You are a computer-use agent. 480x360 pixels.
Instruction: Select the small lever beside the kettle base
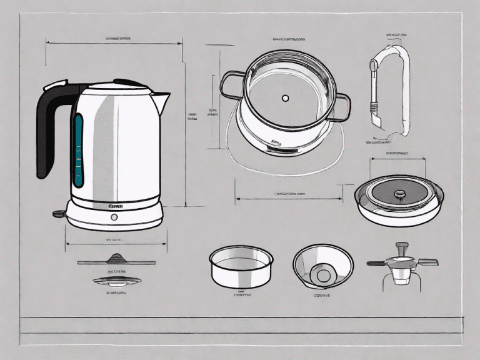coord(59,214)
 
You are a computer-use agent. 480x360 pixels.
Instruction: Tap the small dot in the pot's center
coord(285,98)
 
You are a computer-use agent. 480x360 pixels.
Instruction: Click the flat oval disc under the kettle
coord(115,281)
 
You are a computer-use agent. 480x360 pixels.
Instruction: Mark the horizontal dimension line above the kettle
coord(112,42)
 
